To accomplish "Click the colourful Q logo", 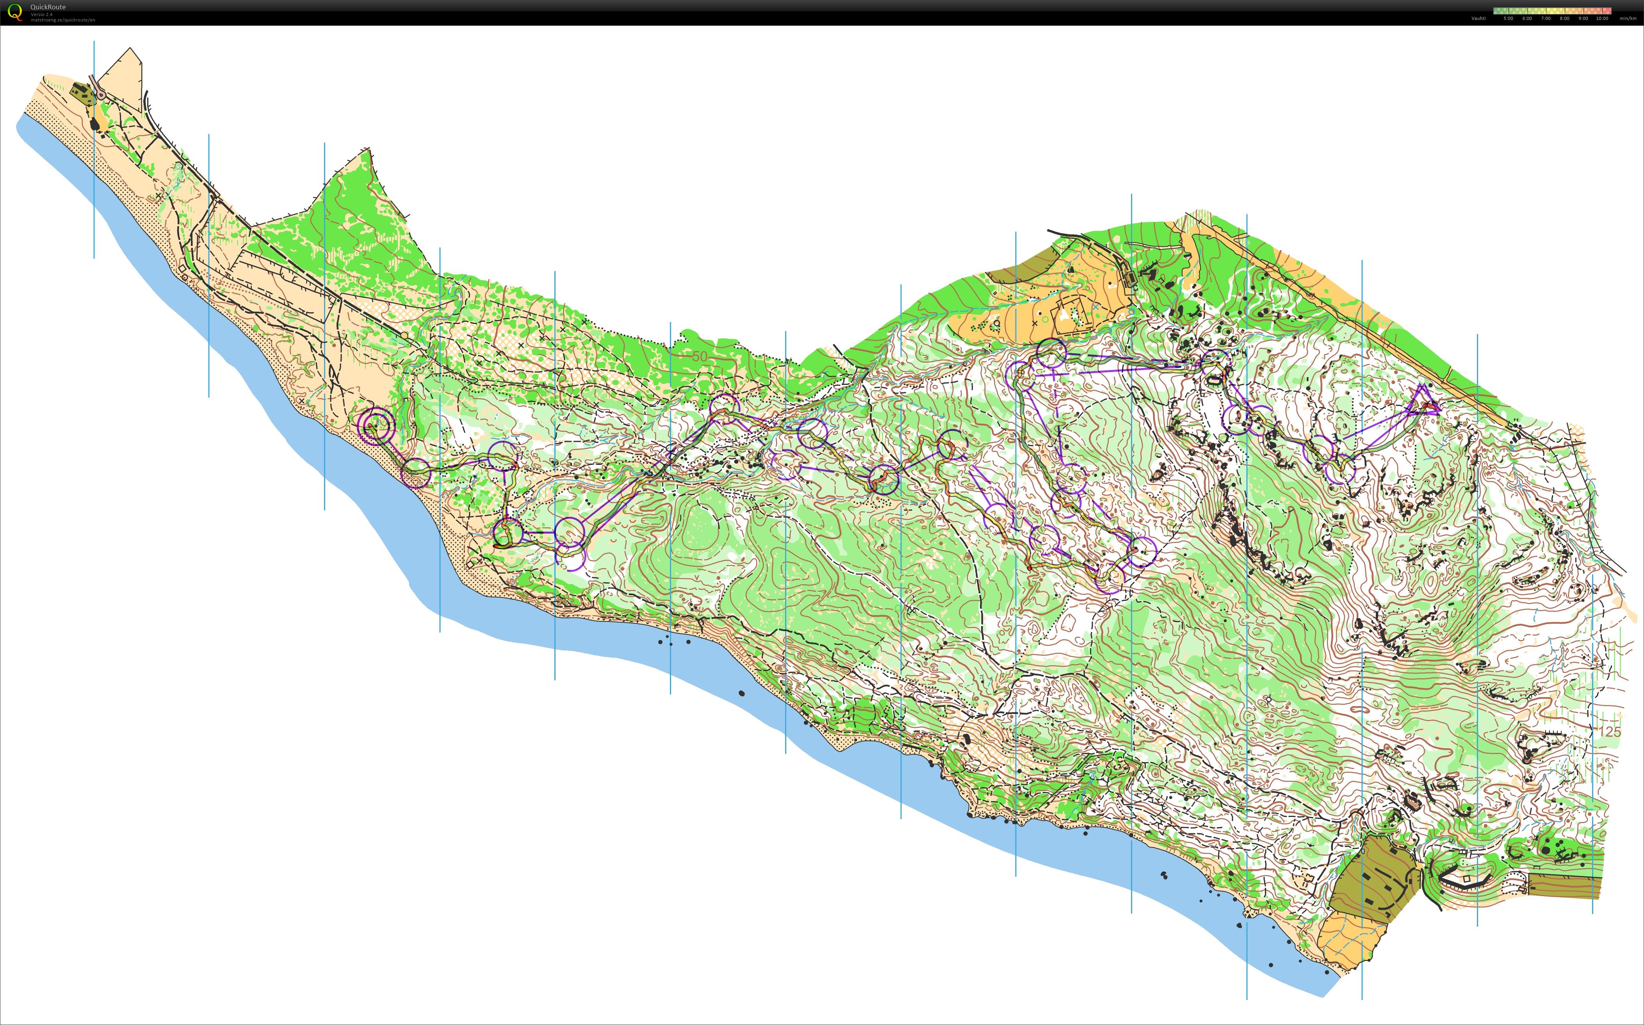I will (14, 12).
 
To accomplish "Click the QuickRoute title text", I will (48, 7).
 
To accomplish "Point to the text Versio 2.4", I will (41, 14).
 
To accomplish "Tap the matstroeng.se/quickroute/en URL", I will (62, 20).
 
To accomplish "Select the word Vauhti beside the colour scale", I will (1478, 18).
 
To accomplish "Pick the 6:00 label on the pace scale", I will (1527, 18).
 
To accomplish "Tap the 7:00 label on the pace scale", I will (1546, 18).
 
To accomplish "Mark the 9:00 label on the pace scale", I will (1583, 18).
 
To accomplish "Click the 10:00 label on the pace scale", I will (1601, 18).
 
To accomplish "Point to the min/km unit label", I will (1628, 18).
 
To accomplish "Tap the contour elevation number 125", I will (1611, 732).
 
